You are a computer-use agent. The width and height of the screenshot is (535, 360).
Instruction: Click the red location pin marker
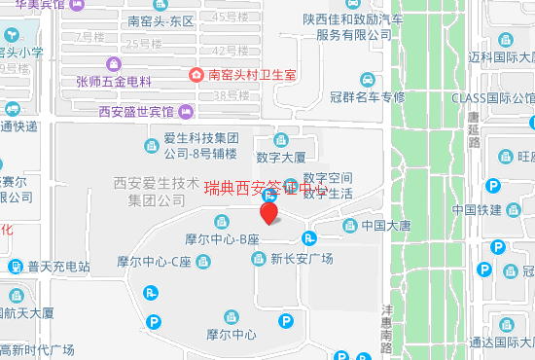(269, 211)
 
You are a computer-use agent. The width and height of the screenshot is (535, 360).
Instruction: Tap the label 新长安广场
(302, 259)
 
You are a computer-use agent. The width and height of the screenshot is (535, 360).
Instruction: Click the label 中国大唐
(386, 227)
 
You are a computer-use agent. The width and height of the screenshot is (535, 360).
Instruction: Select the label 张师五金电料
(114, 82)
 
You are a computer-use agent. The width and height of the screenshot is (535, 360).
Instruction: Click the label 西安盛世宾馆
(135, 111)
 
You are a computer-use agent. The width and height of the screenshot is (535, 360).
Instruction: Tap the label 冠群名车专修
(367, 96)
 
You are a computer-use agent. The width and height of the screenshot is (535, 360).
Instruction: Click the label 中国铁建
(478, 210)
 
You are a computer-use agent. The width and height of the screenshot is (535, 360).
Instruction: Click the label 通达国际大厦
(501, 342)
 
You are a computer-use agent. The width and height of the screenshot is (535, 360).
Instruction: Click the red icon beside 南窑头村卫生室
(197, 75)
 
